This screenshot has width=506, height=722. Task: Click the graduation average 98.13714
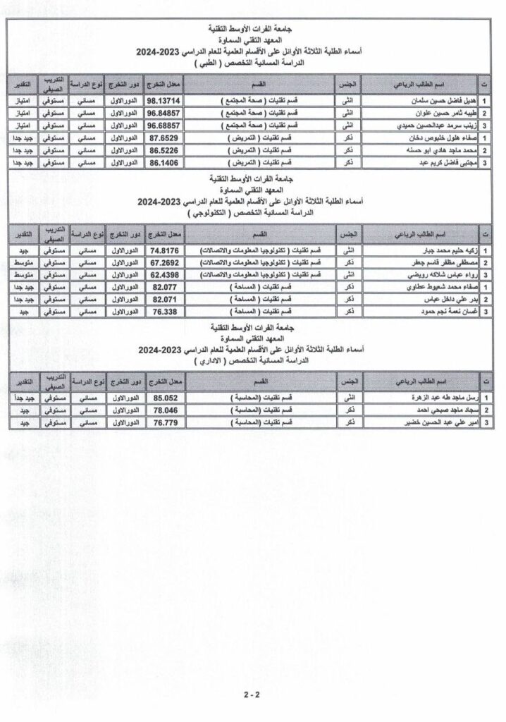pos(162,100)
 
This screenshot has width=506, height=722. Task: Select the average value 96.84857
pos(162,112)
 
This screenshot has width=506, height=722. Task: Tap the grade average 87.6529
pos(162,137)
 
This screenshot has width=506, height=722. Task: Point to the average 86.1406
pos(162,162)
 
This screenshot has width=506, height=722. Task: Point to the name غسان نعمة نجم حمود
pos(439,311)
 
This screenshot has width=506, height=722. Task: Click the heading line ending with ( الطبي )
pos(252,63)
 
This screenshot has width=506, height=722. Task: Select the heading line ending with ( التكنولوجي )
pos(252,212)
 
